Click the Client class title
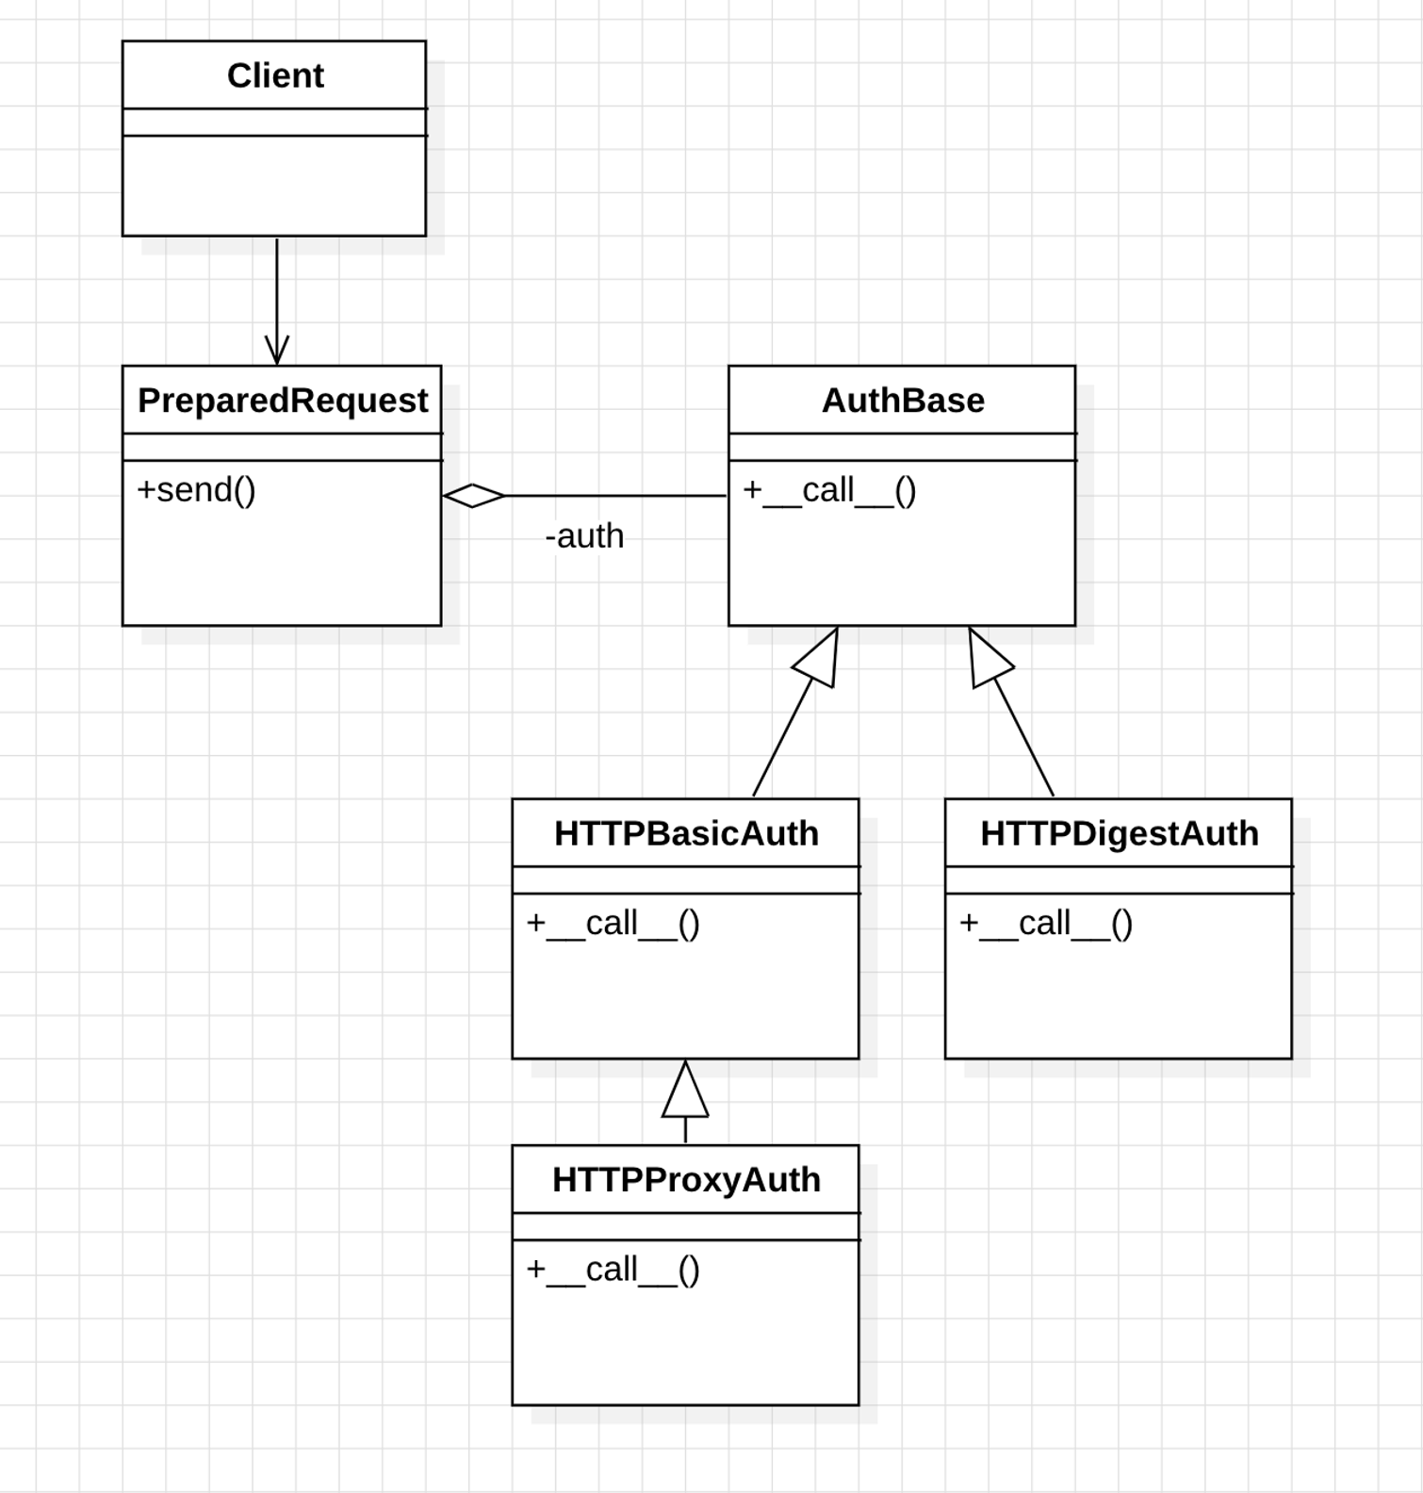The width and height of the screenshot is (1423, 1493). pos(275,75)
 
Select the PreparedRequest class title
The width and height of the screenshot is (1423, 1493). pos(282,401)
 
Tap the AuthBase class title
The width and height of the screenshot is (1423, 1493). pos(902,401)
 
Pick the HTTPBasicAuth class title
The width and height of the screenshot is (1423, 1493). pos(685,833)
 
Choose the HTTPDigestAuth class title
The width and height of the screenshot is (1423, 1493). pos(1119,833)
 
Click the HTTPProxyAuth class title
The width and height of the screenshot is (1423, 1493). pos(685,1180)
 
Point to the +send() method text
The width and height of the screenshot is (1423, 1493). pos(196,490)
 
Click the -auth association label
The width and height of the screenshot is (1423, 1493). pos(584,536)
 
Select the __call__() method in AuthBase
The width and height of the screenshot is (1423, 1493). pos(829,490)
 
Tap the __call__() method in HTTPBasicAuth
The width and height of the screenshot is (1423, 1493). pos(613,924)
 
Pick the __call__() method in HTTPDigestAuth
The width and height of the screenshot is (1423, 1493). pos(1046,924)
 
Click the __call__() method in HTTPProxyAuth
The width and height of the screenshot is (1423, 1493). pos(613,1270)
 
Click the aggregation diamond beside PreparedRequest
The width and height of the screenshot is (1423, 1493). pos(473,496)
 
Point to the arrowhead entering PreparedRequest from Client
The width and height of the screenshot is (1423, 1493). pos(277,351)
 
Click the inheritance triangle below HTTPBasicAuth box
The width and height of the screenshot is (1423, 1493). pos(685,1093)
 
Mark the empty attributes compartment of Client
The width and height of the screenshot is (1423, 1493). pos(274,123)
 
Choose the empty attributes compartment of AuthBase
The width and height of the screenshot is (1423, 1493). pos(902,448)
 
